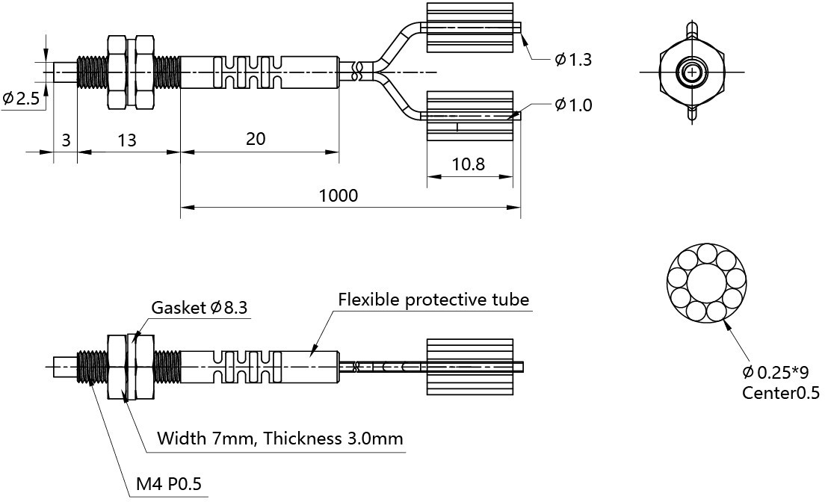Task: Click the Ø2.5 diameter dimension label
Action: pyautogui.click(x=21, y=99)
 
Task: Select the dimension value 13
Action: pyautogui.click(x=126, y=139)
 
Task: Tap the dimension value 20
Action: pyautogui.click(x=256, y=139)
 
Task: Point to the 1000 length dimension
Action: pyautogui.click(x=338, y=196)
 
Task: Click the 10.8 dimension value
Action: pyautogui.click(x=469, y=164)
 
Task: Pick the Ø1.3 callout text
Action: pyautogui.click(x=573, y=60)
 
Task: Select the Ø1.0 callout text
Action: pyautogui.click(x=573, y=105)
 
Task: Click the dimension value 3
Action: pyautogui.click(x=66, y=139)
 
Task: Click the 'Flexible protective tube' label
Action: pyautogui.click(x=433, y=300)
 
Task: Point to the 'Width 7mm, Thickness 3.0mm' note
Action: pyautogui.click(x=280, y=439)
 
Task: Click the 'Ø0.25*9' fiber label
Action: pyautogui.click(x=775, y=372)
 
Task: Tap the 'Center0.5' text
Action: pyautogui.click(x=780, y=393)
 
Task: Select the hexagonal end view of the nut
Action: pyautogui.click(x=692, y=72)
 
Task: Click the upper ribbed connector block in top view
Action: pyautogui.click(x=469, y=28)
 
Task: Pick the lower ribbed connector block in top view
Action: pyautogui.click(x=469, y=116)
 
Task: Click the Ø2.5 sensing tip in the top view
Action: pyautogui.click(x=66, y=72)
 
